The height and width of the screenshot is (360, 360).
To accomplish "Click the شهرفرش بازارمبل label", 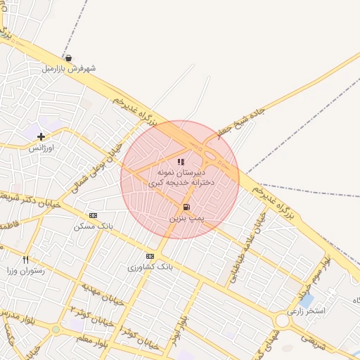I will [68, 69].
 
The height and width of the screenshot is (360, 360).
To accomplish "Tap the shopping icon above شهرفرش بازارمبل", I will [67, 58].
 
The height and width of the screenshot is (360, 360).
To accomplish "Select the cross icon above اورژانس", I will [41, 136].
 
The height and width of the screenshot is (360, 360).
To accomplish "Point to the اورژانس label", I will [41, 148].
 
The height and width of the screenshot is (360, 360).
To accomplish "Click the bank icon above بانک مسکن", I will [92, 215].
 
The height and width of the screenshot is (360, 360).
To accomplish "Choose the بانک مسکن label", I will [93, 226].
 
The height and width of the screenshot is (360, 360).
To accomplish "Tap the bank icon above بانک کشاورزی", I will [150, 256].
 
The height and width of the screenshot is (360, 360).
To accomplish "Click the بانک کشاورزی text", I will [150, 267].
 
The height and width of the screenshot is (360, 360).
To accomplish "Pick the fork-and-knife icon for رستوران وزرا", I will [26, 259].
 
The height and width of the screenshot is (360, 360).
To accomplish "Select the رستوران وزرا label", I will [26, 271].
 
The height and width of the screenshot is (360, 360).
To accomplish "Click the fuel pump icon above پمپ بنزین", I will [186, 207].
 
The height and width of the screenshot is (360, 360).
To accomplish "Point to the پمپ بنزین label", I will [186, 219].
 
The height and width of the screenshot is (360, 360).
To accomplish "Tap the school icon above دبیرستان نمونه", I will [181, 162].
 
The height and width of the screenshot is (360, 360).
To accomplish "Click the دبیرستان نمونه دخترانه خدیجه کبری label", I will [181, 177].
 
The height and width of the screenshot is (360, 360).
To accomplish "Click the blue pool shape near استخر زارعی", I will [307, 301].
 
